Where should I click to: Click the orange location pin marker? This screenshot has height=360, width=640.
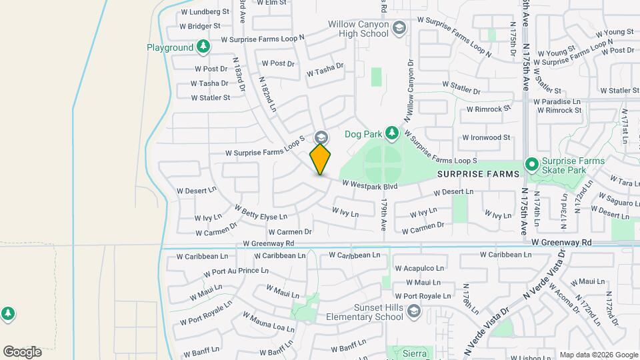(321, 159)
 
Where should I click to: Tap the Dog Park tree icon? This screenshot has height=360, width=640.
(393, 134)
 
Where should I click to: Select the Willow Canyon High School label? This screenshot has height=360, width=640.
(358, 29)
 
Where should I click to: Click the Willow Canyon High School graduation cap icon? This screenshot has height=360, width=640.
(399, 28)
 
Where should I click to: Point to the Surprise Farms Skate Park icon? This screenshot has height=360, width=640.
(532, 164)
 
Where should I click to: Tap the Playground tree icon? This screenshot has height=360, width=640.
(203, 47)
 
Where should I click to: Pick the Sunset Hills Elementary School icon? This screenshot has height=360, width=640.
(413, 312)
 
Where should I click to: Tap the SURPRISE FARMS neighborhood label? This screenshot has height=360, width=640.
(478, 174)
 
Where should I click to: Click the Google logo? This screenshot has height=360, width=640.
(22, 351)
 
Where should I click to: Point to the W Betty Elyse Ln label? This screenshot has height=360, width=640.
(260, 214)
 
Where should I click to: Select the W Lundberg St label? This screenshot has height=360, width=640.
(204, 12)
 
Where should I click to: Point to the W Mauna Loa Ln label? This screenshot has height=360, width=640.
(268, 323)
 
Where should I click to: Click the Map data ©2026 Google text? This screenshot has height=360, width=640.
(598, 355)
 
